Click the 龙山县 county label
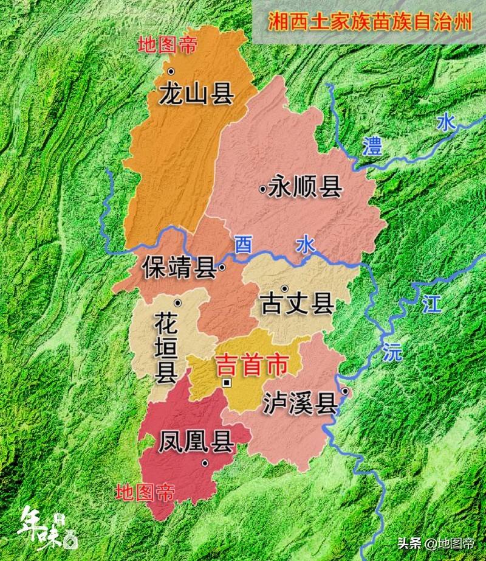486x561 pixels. click(x=197, y=94)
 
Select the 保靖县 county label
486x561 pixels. click(x=180, y=268)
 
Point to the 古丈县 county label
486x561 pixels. click(x=297, y=304)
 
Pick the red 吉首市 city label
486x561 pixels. click(x=252, y=365)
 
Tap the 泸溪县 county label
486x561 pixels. click(x=300, y=403)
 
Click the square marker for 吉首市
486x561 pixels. click(x=227, y=383)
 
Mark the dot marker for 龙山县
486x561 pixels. click(x=171, y=72)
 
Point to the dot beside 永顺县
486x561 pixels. click(x=262, y=190)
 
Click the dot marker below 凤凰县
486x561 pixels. click(x=205, y=463)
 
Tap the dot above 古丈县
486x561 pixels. click(x=284, y=288)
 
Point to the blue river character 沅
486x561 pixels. click(x=392, y=351)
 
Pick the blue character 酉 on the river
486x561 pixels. click(x=243, y=245)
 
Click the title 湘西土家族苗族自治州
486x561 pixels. click(x=370, y=22)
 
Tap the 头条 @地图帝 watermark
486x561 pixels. click(x=436, y=543)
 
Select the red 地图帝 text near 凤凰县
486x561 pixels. click(x=145, y=492)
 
